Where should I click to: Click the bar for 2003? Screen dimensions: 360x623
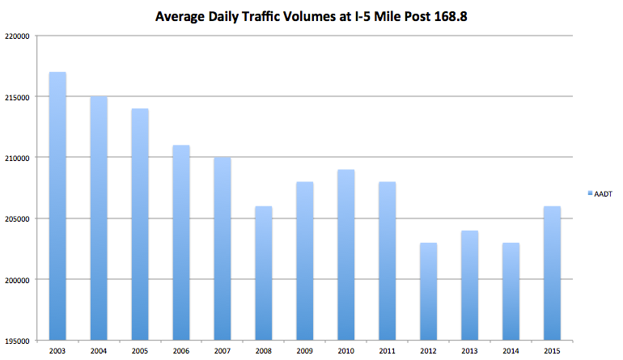point(57,205)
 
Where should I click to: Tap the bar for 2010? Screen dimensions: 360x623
point(345,254)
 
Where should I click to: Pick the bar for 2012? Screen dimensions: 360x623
point(428,291)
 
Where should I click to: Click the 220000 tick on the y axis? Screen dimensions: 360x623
point(16,36)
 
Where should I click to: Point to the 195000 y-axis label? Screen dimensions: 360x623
point(16,341)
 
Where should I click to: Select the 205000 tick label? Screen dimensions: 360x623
point(16,218)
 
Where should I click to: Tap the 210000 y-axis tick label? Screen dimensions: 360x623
point(16,158)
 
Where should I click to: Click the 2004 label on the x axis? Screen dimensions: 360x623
point(99,350)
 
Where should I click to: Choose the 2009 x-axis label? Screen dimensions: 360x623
point(304,350)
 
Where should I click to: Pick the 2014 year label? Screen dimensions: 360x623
point(510,350)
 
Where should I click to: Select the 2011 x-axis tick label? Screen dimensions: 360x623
point(386,350)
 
